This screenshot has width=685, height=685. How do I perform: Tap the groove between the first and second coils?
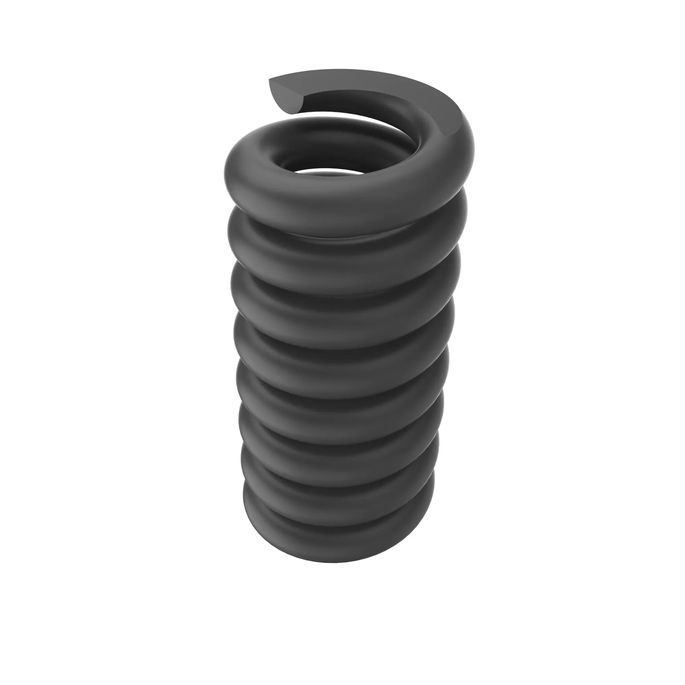point(340,238)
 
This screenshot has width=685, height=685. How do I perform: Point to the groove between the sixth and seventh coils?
point(340,477)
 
